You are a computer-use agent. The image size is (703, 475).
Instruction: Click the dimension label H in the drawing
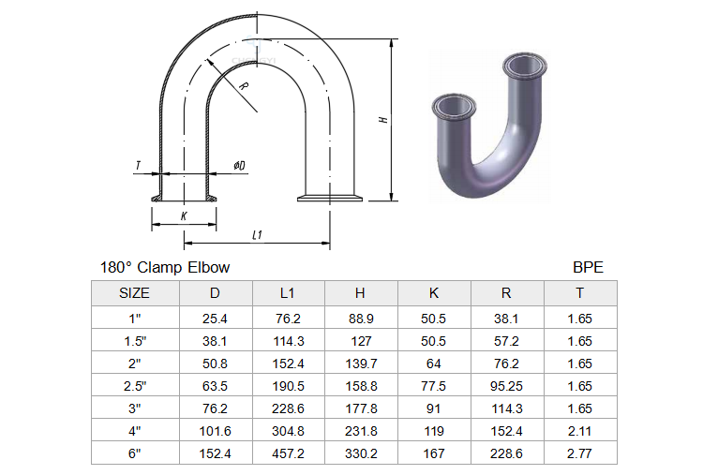tap(383, 120)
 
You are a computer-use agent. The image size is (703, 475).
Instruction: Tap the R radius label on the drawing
tap(244, 85)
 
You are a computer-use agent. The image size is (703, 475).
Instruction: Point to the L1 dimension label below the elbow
tap(257, 235)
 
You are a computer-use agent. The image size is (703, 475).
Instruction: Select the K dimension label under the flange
tap(184, 216)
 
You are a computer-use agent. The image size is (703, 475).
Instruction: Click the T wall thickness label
tap(138, 165)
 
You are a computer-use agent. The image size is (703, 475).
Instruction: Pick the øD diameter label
tap(239, 165)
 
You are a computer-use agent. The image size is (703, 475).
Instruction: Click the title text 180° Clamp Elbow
tap(165, 268)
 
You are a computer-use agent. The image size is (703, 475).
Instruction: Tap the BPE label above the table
tap(588, 268)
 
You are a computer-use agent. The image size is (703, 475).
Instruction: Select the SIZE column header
tap(134, 293)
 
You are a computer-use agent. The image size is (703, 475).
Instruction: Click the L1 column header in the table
tap(288, 293)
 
